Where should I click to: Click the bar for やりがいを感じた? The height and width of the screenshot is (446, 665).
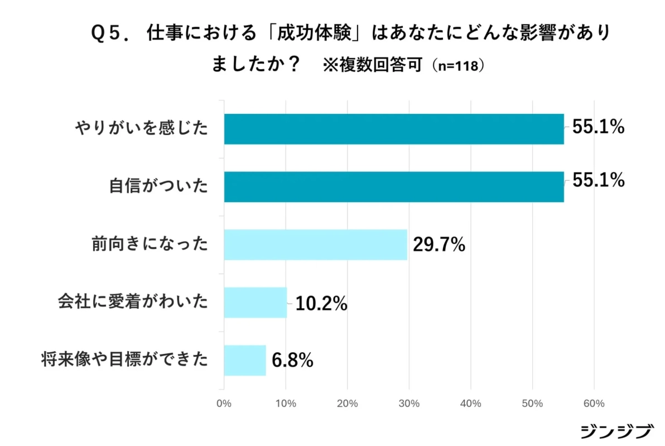(x=394, y=129)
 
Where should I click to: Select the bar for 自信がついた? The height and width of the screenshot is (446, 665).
(x=394, y=186)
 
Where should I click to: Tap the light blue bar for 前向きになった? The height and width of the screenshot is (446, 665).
(x=315, y=244)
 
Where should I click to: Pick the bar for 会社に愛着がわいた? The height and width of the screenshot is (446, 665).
(x=256, y=303)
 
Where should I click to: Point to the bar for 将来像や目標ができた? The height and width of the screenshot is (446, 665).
(x=245, y=360)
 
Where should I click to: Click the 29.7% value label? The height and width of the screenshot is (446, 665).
(x=439, y=245)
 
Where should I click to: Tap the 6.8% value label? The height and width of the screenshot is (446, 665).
(x=292, y=361)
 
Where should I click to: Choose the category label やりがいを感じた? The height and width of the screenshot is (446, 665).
(x=142, y=129)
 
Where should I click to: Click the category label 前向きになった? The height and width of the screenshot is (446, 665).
(x=150, y=244)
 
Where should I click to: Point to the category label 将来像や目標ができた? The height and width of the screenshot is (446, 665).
(x=125, y=360)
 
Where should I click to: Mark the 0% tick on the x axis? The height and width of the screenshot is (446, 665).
(x=224, y=404)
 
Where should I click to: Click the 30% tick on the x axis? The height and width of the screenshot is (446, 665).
(x=409, y=404)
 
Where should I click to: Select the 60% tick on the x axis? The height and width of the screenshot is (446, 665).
(x=594, y=404)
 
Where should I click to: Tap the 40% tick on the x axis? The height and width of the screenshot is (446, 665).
(x=471, y=404)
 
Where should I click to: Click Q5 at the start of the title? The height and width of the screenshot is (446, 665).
(x=107, y=34)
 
